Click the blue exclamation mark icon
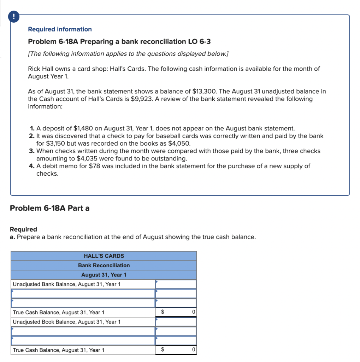pos(14,17)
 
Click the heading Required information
pos(60,29)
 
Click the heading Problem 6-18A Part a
pos(50,208)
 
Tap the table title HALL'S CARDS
pos(104,256)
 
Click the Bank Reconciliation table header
pos(104,265)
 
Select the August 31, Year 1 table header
pos(104,275)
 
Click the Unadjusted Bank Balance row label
pos(67,284)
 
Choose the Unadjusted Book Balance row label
pos(67,322)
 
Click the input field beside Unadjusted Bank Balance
pos(176,284)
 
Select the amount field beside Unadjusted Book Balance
pos(176,322)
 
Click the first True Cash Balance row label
pos(59,313)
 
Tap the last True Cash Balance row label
pos(59,350)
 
